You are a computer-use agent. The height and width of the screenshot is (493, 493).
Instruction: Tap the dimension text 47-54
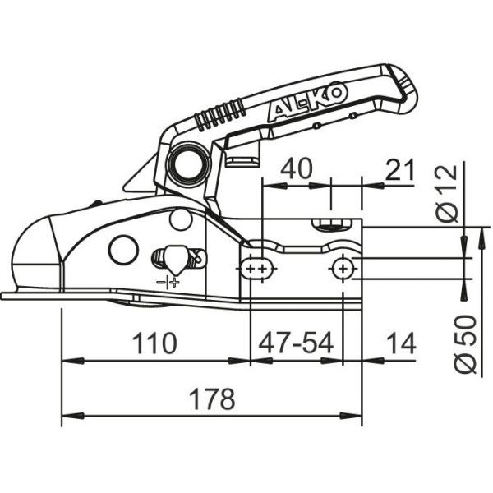pyautogui.click(x=297, y=343)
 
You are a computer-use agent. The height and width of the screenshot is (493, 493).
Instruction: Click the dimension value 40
pyautogui.click(x=296, y=169)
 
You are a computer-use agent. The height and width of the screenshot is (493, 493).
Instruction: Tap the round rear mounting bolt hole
pyautogui.click(x=343, y=267)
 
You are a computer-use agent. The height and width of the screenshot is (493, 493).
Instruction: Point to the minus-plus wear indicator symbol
pyautogui.click(x=168, y=282)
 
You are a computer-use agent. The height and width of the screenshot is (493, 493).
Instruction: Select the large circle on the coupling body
pyautogui.click(x=123, y=249)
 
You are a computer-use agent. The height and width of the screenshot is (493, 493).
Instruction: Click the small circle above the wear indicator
pyautogui.click(x=181, y=219)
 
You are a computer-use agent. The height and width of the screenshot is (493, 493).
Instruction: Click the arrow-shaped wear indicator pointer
pyautogui.click(x=173, y=260)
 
